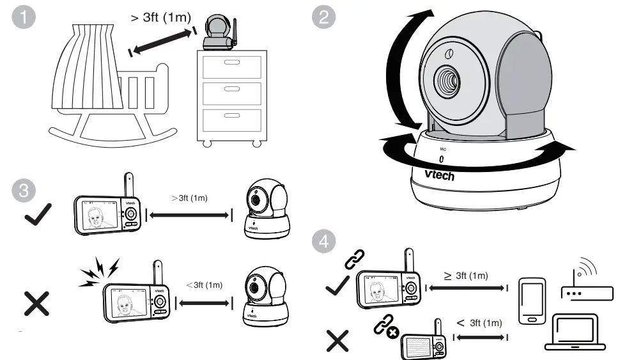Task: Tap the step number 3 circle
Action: click(24, 190)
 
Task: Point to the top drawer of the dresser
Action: click(231, 67)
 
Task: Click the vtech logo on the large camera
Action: click(439, 173)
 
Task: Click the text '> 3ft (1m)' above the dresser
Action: click(160, 17)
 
